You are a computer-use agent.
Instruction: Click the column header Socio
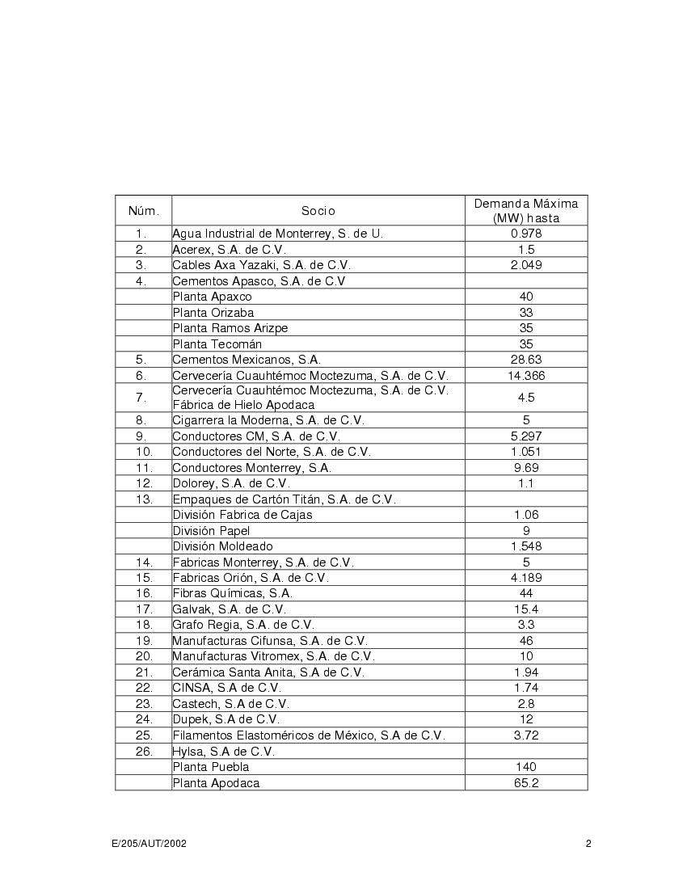318,211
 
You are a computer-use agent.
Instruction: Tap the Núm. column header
144,211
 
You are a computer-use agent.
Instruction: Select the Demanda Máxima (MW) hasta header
526,211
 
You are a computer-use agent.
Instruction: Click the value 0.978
526,234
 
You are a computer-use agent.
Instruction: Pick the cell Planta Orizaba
213,313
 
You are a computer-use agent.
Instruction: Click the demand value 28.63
526,360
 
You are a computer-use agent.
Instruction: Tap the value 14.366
526,376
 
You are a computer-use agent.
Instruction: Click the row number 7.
141,398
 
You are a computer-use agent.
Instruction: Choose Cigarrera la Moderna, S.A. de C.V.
268,420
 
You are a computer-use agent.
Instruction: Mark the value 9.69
526,467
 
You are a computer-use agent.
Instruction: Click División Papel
211,530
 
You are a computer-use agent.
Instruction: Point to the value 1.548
526,546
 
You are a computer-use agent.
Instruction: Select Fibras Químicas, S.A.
232,593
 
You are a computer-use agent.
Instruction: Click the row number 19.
144,641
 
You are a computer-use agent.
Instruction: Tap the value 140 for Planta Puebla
526,767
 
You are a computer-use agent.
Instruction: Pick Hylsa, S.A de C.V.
223,751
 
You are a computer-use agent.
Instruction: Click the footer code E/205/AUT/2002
150,844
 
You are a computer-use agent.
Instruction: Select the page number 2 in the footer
588,844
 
